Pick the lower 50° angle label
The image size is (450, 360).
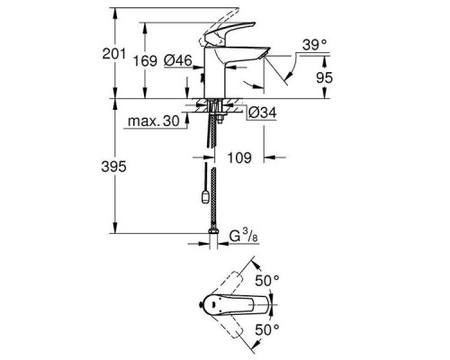coord(269,329)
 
